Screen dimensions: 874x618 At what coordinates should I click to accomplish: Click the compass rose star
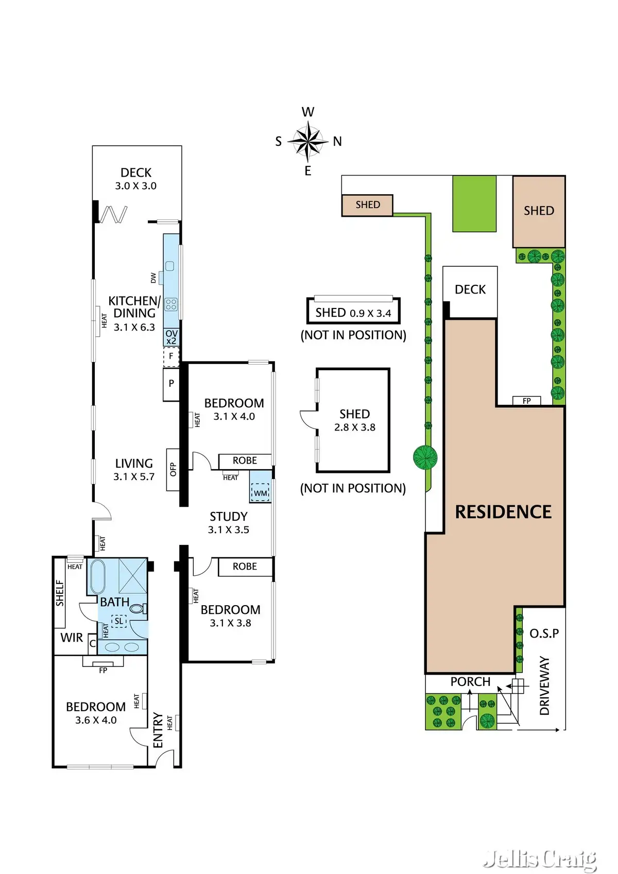point(307,141)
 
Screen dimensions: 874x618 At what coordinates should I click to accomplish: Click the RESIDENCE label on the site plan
point(503,511)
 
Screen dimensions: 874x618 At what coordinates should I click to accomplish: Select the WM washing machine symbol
point(261,493)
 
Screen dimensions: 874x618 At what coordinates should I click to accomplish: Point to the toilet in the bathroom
point(137,608)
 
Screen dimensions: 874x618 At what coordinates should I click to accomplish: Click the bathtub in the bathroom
point(97,577)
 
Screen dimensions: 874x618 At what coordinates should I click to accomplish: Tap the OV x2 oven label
point(171,337)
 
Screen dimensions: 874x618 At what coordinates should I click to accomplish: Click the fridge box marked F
point(171,356)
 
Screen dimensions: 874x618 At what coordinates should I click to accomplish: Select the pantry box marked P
point(171,383)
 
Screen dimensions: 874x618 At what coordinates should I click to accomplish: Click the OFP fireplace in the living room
point(173,469)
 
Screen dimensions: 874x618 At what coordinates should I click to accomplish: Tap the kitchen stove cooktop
point(171,304)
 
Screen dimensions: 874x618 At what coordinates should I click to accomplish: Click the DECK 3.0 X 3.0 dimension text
point(136,186)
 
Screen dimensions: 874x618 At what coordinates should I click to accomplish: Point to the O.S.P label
point(544,633)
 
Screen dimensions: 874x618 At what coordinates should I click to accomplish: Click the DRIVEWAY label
point(544,686)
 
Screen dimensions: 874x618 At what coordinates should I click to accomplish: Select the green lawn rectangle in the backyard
point(474,203)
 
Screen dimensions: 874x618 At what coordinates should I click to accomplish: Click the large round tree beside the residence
point(425,457)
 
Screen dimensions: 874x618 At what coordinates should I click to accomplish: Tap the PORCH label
point(470,682)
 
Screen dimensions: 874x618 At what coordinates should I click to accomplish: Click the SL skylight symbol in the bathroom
point(119,621)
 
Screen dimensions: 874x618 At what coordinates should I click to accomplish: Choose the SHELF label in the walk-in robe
point(60,593)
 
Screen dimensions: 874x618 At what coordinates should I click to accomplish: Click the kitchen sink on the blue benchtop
point(170,266)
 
